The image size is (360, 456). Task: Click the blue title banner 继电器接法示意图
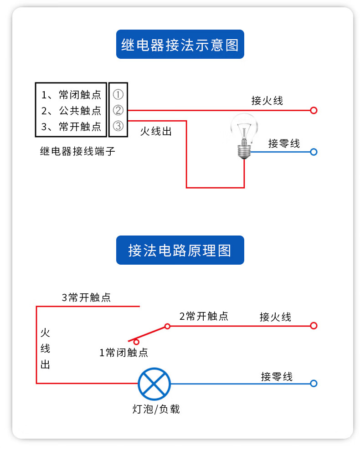coord(180,44)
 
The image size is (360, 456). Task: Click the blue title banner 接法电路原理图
coord(180,250)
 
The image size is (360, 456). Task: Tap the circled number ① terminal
coord(118,94)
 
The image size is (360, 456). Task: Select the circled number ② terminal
coord(118,110)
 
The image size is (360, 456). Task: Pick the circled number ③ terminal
coord(118,126)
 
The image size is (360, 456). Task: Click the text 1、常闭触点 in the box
coord(71,95)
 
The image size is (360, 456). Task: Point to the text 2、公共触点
coord(71,111)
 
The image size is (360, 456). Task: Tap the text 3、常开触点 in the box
coord(71,127)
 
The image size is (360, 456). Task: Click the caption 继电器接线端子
coord(77,151)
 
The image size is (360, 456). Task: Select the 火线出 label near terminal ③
coord(156,131)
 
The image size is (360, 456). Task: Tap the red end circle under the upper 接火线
coord(314,111)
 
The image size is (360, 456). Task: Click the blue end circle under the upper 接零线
coord(314,152)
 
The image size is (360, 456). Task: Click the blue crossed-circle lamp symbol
coord(154,384)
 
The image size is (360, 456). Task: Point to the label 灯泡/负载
coord(156,409)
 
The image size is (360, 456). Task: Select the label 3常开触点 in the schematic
coord(86,297)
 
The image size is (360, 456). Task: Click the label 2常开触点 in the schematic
coord(204,316)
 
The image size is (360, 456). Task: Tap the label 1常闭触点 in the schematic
coord(123,353)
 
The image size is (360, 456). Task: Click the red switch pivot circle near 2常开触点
coord(167,326)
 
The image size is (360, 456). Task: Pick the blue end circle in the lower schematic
coord(314,383)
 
